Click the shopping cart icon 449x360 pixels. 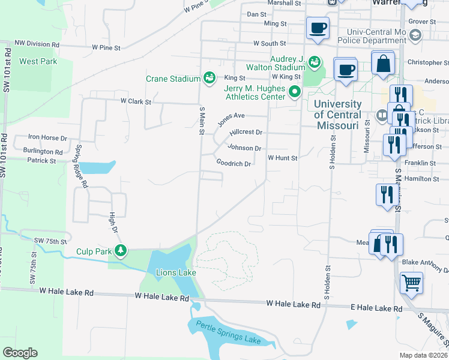tap(411, 282)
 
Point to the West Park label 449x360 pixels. tap(37, 61)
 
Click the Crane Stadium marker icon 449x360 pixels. tap(209, 77)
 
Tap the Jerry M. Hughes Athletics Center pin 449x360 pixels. tap(294, 92)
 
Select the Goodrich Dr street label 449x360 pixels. tap(233, 163)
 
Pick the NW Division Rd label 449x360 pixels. tap(37, 44)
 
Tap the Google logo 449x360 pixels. tap(20, 353)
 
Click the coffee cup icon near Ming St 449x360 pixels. tap(318, 27)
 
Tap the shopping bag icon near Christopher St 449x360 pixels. tap(383, 64)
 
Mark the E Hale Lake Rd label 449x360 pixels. tap(377, 308)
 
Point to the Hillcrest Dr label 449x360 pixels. tap(247, 132)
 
